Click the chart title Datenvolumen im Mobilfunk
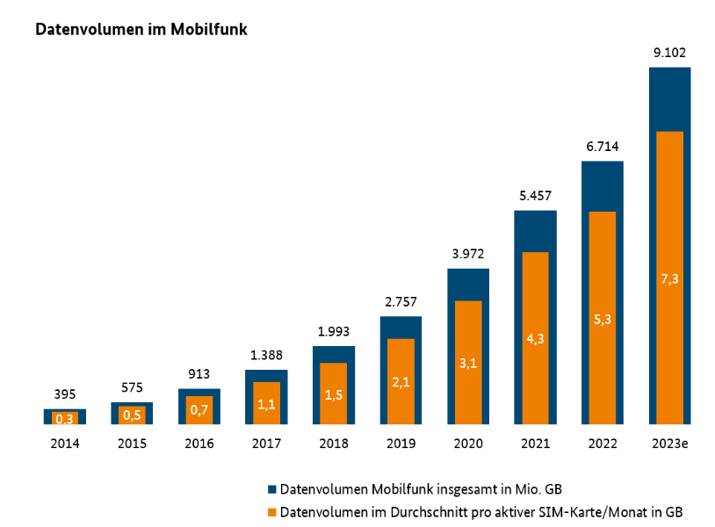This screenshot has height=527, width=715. coord(141,30)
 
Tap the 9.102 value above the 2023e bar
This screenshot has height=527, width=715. coord(669,52)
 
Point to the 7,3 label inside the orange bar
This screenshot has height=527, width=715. coord(669,279)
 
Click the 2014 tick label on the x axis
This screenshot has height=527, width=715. coord(65,444)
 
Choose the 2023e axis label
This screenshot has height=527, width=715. coord(669,444)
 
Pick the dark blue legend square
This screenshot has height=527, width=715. coord(273,488)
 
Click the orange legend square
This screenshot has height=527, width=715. coord(273,511)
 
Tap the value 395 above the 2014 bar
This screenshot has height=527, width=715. coord(65,394)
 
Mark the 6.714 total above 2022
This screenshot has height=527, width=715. coord(603,146)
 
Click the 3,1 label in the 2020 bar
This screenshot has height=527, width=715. coord(468,363)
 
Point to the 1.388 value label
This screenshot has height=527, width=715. coord(266,355)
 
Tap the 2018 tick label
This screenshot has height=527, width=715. coord(334,444)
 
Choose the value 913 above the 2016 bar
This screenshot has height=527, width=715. coord(199,373)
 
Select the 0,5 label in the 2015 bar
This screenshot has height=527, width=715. coord(132,415)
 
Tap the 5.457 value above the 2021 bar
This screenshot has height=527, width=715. coord(535,195)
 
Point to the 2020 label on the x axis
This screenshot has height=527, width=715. coord(468,444)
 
